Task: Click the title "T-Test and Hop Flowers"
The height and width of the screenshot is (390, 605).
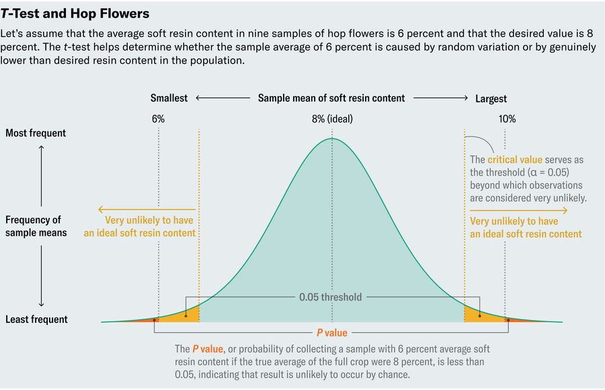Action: (75, 13)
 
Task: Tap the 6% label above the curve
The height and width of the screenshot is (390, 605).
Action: (158, 119)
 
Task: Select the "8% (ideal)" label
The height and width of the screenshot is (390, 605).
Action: (331, 119)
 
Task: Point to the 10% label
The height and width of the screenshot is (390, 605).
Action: (507, 119)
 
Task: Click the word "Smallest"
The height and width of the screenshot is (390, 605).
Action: (169, 98)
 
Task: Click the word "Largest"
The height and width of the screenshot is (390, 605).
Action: (491, 98)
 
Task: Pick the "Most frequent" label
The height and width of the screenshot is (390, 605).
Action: (36, 133)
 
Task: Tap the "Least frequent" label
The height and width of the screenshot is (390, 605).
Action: (36, 319)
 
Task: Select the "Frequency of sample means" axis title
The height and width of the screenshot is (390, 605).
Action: (34, 226)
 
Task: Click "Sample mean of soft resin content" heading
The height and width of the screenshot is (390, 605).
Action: (331, 98)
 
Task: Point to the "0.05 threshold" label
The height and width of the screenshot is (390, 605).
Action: (330, 297)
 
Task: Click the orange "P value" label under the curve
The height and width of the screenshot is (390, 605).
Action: (332, 332)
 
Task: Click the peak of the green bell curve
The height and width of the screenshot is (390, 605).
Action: (331, 139)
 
